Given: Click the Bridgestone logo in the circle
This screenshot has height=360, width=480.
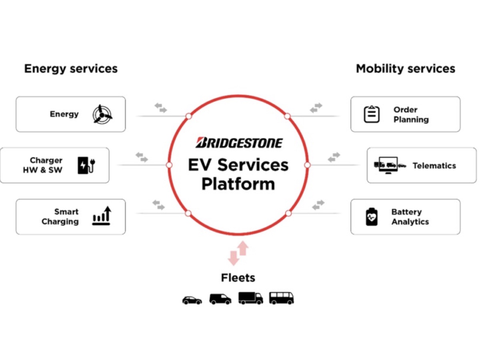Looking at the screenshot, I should [239, 143].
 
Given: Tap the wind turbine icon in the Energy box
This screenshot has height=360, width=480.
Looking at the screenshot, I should [102, 114].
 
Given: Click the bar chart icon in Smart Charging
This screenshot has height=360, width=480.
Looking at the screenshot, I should [102, 216].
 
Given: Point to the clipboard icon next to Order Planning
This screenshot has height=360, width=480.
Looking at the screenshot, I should [372, 114].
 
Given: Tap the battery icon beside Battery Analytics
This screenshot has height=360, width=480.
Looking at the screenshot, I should [372, 216].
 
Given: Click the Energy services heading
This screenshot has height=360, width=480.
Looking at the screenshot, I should [71, 68].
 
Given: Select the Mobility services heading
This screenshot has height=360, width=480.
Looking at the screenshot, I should [405, 68].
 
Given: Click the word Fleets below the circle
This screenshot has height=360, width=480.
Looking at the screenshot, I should [238, 278].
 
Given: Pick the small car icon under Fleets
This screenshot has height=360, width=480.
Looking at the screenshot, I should [192, 300].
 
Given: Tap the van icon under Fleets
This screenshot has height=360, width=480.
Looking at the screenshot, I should [220, 299].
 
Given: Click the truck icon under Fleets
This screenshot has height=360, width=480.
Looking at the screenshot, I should [250, 298].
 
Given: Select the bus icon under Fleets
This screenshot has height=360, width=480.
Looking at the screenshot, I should [281, 298].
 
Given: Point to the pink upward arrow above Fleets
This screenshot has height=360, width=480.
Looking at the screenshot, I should [243, 248].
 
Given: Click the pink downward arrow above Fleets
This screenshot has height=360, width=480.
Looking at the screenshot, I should [233, 258].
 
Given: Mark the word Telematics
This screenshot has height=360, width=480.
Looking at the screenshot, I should [434, 166].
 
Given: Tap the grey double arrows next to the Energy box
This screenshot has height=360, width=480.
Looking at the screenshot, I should [161, 108].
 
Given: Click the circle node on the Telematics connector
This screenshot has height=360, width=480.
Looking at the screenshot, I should [307, 165].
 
